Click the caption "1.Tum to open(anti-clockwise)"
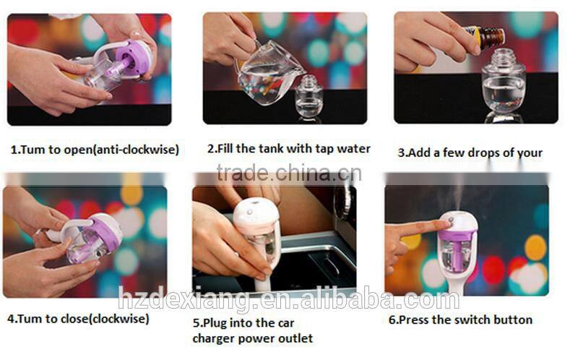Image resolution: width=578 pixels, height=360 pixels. [x=94, y=150]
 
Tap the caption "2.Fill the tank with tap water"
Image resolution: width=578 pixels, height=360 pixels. [x=288, y=149]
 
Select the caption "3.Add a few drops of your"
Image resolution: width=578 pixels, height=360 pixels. [x=470, y=153]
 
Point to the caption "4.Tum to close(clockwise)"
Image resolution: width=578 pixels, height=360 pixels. [x=78, y=318]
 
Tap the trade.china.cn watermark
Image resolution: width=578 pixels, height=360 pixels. [x=288, y=173]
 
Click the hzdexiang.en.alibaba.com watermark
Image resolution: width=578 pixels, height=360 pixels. [x=288, y=299]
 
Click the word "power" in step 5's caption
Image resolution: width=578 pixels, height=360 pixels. [x=270, y=338]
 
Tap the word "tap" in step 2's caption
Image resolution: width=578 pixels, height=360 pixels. [x=325, y=149]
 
